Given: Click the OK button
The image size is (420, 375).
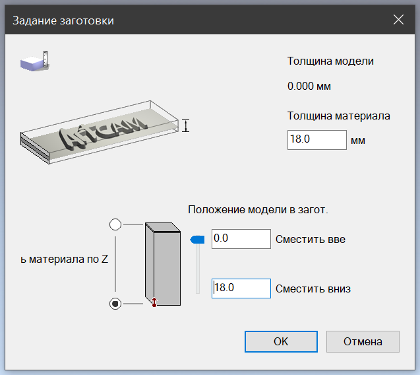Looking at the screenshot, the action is click(281, 341).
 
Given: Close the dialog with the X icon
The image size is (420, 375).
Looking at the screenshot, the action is click(398, 20).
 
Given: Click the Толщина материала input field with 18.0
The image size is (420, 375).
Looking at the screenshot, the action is click(317, 140).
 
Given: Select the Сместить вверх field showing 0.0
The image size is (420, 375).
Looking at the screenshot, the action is click(241, 239).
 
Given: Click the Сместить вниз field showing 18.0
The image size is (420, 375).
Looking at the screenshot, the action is click(241, 289).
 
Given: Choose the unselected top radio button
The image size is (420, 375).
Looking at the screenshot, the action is click(115, 224).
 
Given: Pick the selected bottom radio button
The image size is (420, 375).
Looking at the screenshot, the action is click(115, 304).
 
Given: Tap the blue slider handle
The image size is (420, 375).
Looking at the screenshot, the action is click(197, 240).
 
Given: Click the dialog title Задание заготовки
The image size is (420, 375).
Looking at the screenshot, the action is click(63, 20).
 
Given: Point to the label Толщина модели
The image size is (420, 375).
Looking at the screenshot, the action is click(330, 61).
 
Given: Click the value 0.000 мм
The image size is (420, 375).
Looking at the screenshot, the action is click(309, 86).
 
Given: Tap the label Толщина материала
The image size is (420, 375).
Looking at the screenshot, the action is click(339, 116).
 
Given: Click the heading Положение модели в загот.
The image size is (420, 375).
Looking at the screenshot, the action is click(258, 209).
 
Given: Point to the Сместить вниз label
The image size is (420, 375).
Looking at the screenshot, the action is click(313, 289).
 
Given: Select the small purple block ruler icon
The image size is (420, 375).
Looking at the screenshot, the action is click(34, 61).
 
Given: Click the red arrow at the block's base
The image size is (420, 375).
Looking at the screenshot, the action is click(154, 302).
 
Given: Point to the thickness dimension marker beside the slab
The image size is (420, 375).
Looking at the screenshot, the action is click(186, 125).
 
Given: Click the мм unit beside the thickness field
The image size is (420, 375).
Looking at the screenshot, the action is click(358, 141).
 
